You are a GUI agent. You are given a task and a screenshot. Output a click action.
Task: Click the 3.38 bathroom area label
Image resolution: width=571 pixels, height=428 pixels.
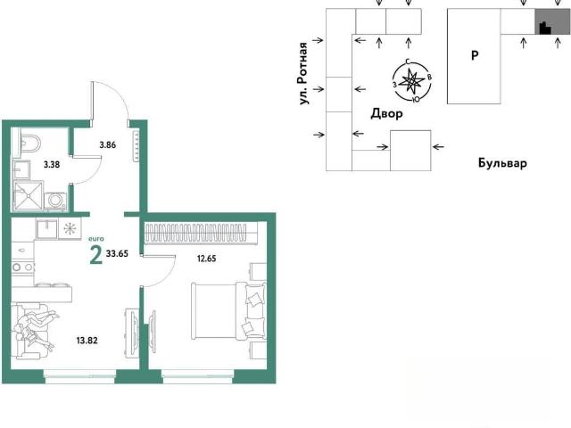click(x=52, y=164)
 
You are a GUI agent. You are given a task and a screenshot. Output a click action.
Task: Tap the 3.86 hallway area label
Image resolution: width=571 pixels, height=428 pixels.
click(x=108, y=144)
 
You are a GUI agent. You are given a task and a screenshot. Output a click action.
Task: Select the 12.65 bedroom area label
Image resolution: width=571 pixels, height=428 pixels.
click(x=206, y=259)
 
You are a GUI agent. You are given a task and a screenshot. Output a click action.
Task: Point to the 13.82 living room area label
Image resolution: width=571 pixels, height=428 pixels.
click(x=87, y=341)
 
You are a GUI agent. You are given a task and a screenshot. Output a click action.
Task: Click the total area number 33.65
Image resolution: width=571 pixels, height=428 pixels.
click(x=117, y=253)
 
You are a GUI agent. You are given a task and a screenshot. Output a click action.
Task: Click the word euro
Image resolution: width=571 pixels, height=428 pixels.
click(x=96, y=239)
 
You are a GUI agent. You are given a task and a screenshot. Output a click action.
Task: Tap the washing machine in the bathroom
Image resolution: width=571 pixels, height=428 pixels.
click(x=55, y=202)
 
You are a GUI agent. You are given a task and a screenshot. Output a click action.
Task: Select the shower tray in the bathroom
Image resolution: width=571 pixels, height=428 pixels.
click(x=28, y=195)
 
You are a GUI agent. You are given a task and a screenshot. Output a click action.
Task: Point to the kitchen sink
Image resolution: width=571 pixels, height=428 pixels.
click(x=46, y=228)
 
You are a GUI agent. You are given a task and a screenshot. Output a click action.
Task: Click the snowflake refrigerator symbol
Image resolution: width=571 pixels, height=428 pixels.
click(x=70, y=228)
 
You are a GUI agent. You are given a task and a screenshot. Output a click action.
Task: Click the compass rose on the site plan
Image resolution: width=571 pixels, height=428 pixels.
click(x=411, y=81)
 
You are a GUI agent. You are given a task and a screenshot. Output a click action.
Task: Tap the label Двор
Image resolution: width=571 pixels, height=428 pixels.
click(x=386, y=114)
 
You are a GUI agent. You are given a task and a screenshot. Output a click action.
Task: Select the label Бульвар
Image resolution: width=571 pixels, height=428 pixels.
click(x=502, y=162)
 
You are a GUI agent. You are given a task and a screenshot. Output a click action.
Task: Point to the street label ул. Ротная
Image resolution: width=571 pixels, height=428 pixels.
click(x=303, y=74)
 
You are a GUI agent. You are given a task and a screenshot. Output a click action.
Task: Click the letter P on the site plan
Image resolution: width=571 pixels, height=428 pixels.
click(x=475, y=55)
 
